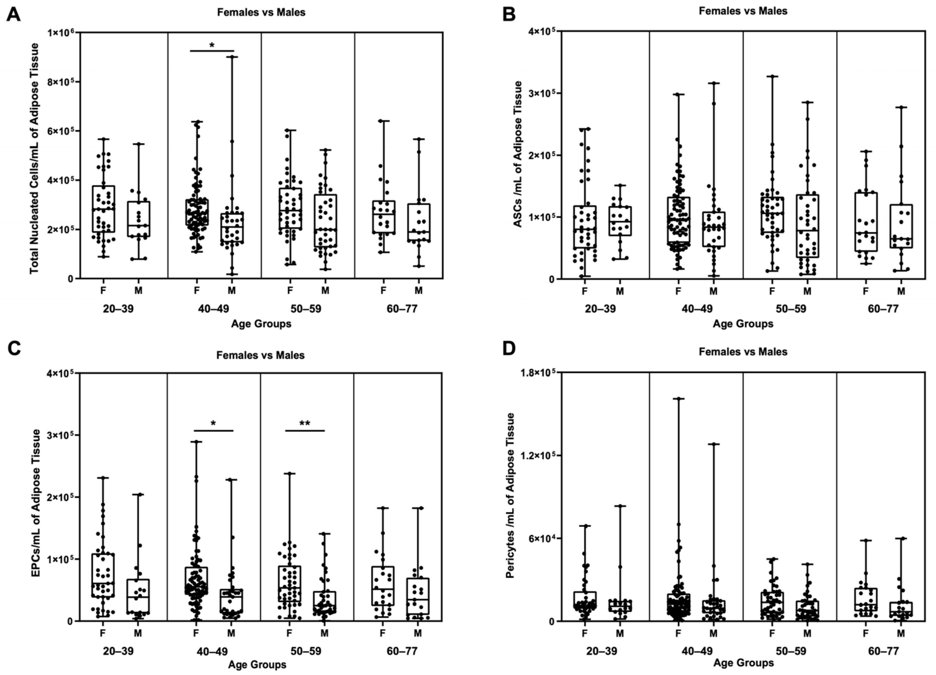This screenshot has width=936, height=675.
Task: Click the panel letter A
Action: tap(13, 15)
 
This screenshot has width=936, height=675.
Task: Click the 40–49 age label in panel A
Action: tap(214, 309)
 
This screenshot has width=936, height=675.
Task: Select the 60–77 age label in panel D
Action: tap(883, 651)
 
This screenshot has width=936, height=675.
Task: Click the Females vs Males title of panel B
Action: tap(743, 11)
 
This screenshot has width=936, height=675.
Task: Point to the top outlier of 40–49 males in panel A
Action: tap(232, 57)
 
